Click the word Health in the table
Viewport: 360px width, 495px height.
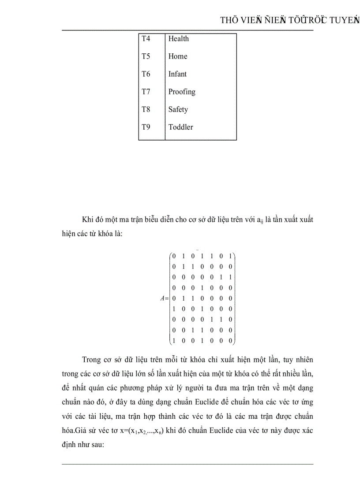tap(178, 39)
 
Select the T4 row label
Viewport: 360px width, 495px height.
tap(146, 39)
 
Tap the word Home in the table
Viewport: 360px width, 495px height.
tap(177, 56)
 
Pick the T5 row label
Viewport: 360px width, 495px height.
tap(146, 56)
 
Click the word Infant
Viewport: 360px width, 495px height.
tap(177, 74)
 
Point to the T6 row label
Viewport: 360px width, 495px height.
tap(146, 74)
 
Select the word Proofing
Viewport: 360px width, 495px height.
tap(181, 92)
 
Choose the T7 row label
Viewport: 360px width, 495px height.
tap(146, 92)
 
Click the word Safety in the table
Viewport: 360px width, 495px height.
tap(178, 109)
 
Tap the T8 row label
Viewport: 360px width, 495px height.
tap(146, 109)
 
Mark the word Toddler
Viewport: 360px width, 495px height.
tap(180, 127)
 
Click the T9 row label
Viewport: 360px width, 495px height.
tap(146, 127)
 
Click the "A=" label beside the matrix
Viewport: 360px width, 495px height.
tap(164, 298)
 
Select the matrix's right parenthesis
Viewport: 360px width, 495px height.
tap(235, 298)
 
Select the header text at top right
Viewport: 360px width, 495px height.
tap(289, 20)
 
